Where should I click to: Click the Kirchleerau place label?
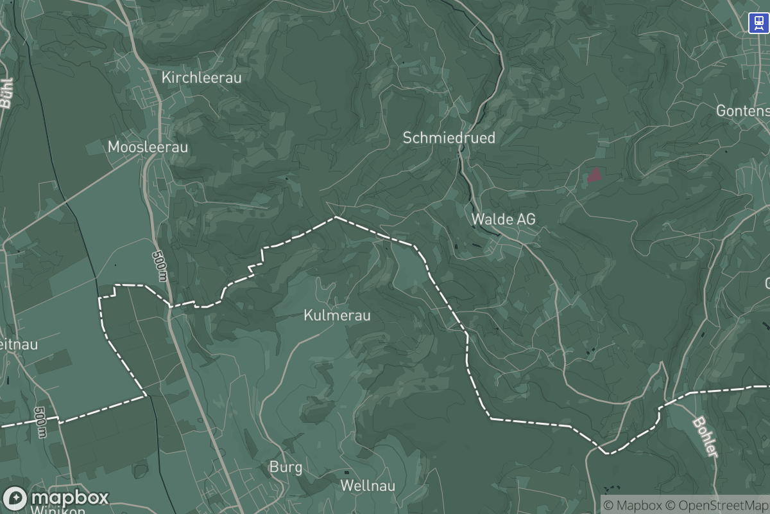click(201, 78)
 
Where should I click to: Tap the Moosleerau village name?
click(148, 147)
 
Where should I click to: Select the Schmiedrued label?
click(449, 137)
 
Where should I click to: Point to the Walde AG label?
click(503, 219)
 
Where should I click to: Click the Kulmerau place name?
click(337, 315)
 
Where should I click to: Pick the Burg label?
click(286, 467)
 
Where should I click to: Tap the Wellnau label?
click(368, 485)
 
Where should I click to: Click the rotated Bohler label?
click(705, 437)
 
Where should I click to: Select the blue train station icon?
click(758, 23)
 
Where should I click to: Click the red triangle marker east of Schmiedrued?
click(595, 175)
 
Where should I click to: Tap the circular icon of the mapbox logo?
click(15, 499)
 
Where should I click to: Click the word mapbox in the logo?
click(69, 498)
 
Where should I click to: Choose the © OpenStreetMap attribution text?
click(717, 504)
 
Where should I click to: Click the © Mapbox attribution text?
click(631, 504)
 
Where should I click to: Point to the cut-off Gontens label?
click(742, 111)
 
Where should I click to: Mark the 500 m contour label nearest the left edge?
click(41, 421)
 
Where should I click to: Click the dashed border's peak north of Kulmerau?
click(336, 217)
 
